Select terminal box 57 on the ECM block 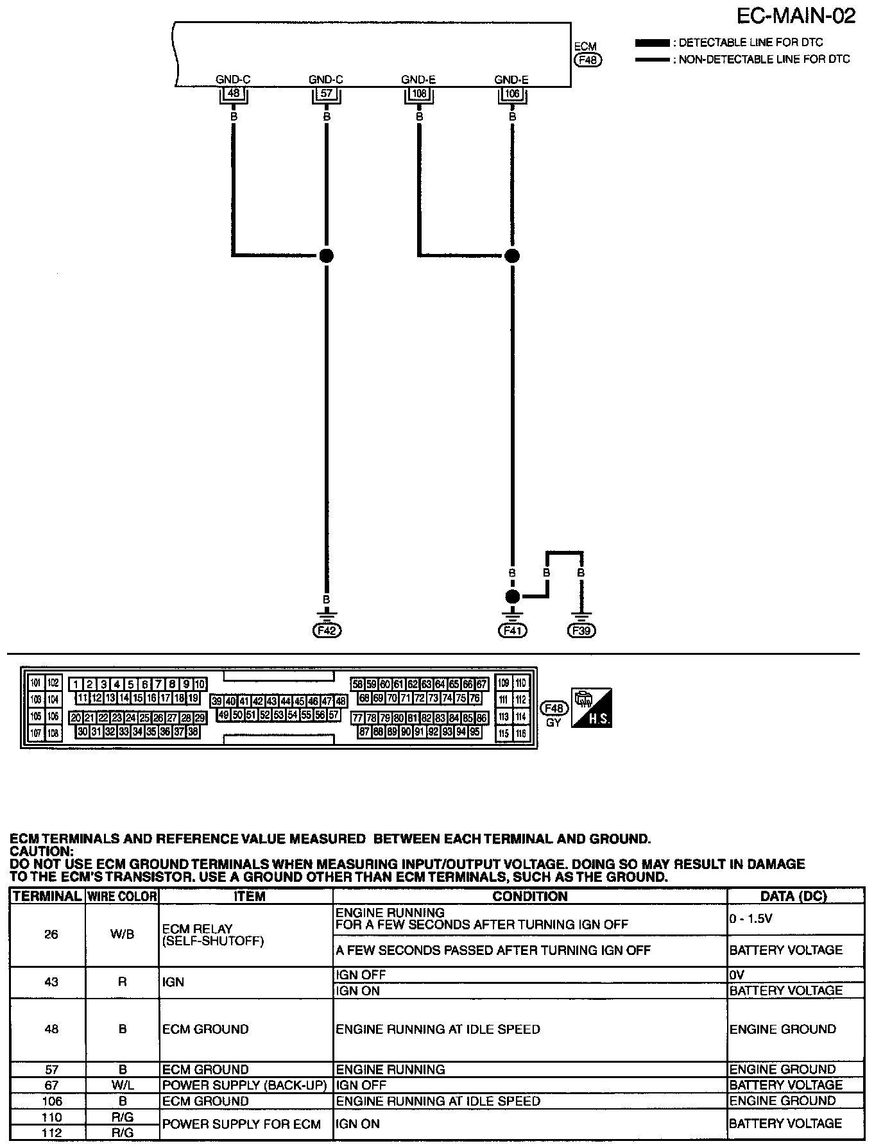pyautogui.click(x=326, y=94)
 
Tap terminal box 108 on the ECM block pyautogui.click(x=419, y=94)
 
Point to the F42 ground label pyautogui.click(x=327, y=630)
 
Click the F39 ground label pyautogui.click(x=581, y=630)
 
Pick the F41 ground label pyautogui.click(x=512, y=630)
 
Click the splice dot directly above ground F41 pyautogui.click(x=512, y=597)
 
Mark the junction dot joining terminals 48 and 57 pyautogui.click(x=327, y=255)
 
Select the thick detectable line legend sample pyautogui.click(x=651, y=43)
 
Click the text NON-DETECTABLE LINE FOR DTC pyautogui.click(x=764, y=60)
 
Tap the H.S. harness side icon pyautogui.click(x=591, y=708)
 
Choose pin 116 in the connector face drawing pyautogui.click(x=520, y=733)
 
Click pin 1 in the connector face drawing pyautogui.click(x=75, y=684)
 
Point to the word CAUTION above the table pyautogui.click(x=42, y=851)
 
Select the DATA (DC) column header pyautogui.click(x=794, y=896)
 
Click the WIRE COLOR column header pyautogui.click(x=122, y=896)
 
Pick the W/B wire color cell pyautogui.click(x=122, y=934)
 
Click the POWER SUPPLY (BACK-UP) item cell pyautogui.click(x=244, y=1085)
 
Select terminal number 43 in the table pyautogui.click(x=51, y=982)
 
